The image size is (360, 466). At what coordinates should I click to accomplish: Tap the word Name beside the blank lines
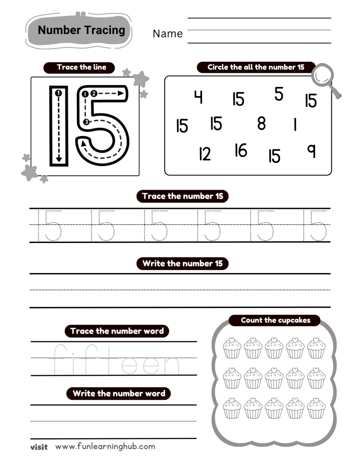(x=167, y=34)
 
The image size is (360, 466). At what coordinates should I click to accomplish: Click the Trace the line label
(x=81, y=67)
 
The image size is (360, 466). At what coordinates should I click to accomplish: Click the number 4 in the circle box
(x=198, y=97)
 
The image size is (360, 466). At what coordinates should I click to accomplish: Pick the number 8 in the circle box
(x=261, y=123)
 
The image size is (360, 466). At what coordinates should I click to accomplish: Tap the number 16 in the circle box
(x=241, y=150)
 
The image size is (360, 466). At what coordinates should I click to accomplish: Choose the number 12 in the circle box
(x=205, y=155)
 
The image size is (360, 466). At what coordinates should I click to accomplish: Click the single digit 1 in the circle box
(x=295, y=124)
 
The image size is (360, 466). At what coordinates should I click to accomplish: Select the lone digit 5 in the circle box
(x=279, y=94)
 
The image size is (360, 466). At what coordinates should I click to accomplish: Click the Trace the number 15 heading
(x=183, y=197)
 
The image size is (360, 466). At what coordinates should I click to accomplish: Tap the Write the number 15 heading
(x=183, y=263)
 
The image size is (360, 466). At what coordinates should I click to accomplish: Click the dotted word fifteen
(x=115, y=360)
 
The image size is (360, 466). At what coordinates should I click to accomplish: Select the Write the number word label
(x=119, y=393)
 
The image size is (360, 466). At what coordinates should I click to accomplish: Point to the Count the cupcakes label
(x=275, y=320)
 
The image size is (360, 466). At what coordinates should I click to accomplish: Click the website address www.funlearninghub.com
(x=105, y=446)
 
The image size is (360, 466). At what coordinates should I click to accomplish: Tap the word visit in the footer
(x=39, y=447)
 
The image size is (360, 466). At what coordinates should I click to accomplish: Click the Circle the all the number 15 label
(x=256, y=67)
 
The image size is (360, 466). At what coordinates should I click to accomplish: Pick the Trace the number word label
(x=117, y=331)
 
